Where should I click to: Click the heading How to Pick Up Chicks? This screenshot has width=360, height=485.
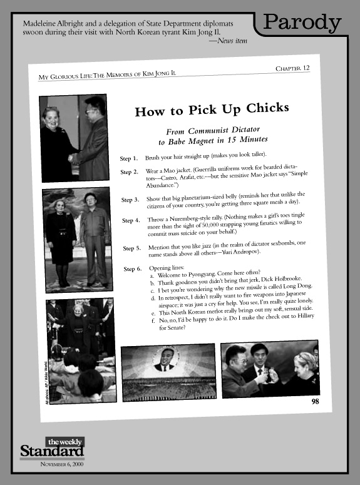212,111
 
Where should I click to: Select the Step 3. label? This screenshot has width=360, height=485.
130,200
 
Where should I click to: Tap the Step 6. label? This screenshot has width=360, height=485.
132,269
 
